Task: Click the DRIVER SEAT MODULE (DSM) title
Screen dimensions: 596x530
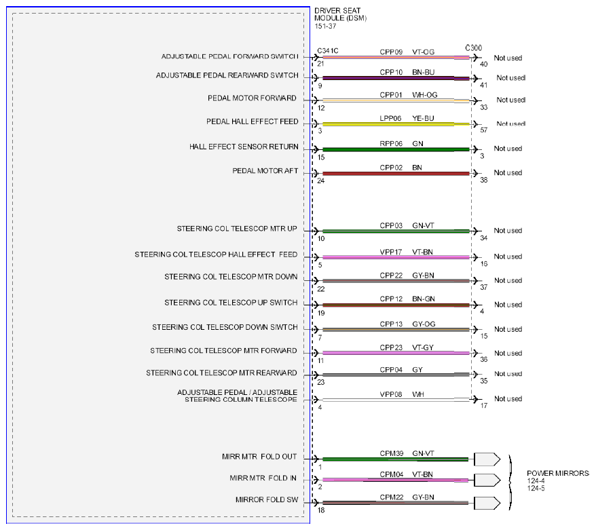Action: [341, 14]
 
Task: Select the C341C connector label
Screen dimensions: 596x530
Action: [328, 50]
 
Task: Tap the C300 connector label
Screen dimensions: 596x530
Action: [474, 48]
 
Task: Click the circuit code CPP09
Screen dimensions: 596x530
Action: [391, 52]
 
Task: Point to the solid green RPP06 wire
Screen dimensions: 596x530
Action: [396, 150]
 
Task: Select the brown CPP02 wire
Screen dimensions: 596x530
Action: [396, 174]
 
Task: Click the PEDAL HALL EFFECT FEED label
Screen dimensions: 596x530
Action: [253, 121]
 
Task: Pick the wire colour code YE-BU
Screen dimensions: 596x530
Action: [423, 118]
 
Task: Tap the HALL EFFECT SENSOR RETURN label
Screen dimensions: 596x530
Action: [244, 147]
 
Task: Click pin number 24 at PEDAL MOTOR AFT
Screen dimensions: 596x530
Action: [321, 181]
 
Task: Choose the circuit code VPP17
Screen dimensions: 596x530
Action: [391, 252]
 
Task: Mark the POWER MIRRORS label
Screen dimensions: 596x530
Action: [557, 474]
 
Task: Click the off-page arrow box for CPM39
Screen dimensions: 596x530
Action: [487, 459]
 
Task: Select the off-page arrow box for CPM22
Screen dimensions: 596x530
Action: [487, 503]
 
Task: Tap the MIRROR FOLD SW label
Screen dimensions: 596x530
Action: [267, 499]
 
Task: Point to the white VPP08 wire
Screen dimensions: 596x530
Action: [396, 400]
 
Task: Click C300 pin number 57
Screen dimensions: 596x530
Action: [483, 130]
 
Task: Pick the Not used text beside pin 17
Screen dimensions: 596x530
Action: [508, 398]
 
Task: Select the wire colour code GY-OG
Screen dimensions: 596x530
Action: [424, 324]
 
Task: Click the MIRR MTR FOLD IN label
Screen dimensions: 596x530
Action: [263, 478]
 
